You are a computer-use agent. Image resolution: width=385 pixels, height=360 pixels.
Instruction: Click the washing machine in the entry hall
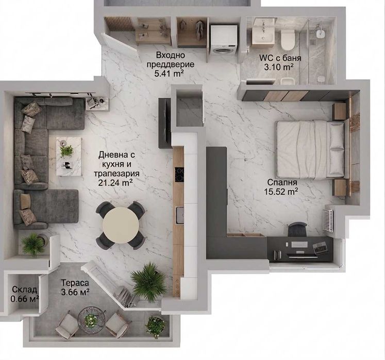pyautogui.click(x=224, y=40)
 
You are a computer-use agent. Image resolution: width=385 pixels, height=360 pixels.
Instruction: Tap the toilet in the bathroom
pyautogui.click(x=288, y=39)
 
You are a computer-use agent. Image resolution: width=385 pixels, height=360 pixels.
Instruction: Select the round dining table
pyautogui.click(x=121, y=225)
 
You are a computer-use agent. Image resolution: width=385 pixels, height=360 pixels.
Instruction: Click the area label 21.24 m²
pyautogui.click(x=115, y=183)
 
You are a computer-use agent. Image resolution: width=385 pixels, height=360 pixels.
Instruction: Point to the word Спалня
pyautogui.click(x=282, y=182)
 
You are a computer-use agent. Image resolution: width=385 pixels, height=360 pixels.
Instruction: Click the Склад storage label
pyautogui.click(x=24, y=290)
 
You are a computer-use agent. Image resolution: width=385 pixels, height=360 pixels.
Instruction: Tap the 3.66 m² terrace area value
pyautogui.click(x=75, y=292)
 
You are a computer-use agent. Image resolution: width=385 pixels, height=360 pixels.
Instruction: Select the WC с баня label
pyautogui.click(x=280, y=58)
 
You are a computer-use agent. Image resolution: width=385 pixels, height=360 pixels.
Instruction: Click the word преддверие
pyautogui.click(x=170, y=65)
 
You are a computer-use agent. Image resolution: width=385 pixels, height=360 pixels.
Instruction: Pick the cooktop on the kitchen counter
pyautogui.click(x=179, y=175)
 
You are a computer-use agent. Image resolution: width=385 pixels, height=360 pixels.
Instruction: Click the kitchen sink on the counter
pyautogui.click(x=180, y=215)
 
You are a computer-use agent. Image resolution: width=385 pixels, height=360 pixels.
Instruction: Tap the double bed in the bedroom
pyautogui.click(x=310, y=149)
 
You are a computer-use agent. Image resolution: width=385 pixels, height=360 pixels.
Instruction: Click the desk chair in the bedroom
pyautogui.click(x=297, y=229)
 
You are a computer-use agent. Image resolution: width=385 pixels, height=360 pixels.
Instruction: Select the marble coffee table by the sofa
pyautogui.click(x=69, y=157)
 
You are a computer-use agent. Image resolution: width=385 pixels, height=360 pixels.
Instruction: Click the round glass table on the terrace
pyautogui.click(x=92, y=320)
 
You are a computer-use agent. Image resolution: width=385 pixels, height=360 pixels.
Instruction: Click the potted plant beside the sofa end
pyautogui.click(x=34, y=245)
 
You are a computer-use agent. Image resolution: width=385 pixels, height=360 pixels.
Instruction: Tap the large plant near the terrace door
pyautogui.click(x=148, y=282)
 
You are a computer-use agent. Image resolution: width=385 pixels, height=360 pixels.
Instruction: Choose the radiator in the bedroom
pyautogui.click(x=328, y=220)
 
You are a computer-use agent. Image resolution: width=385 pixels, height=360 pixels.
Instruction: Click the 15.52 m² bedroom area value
pyautogui.click(x=281, y=191)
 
